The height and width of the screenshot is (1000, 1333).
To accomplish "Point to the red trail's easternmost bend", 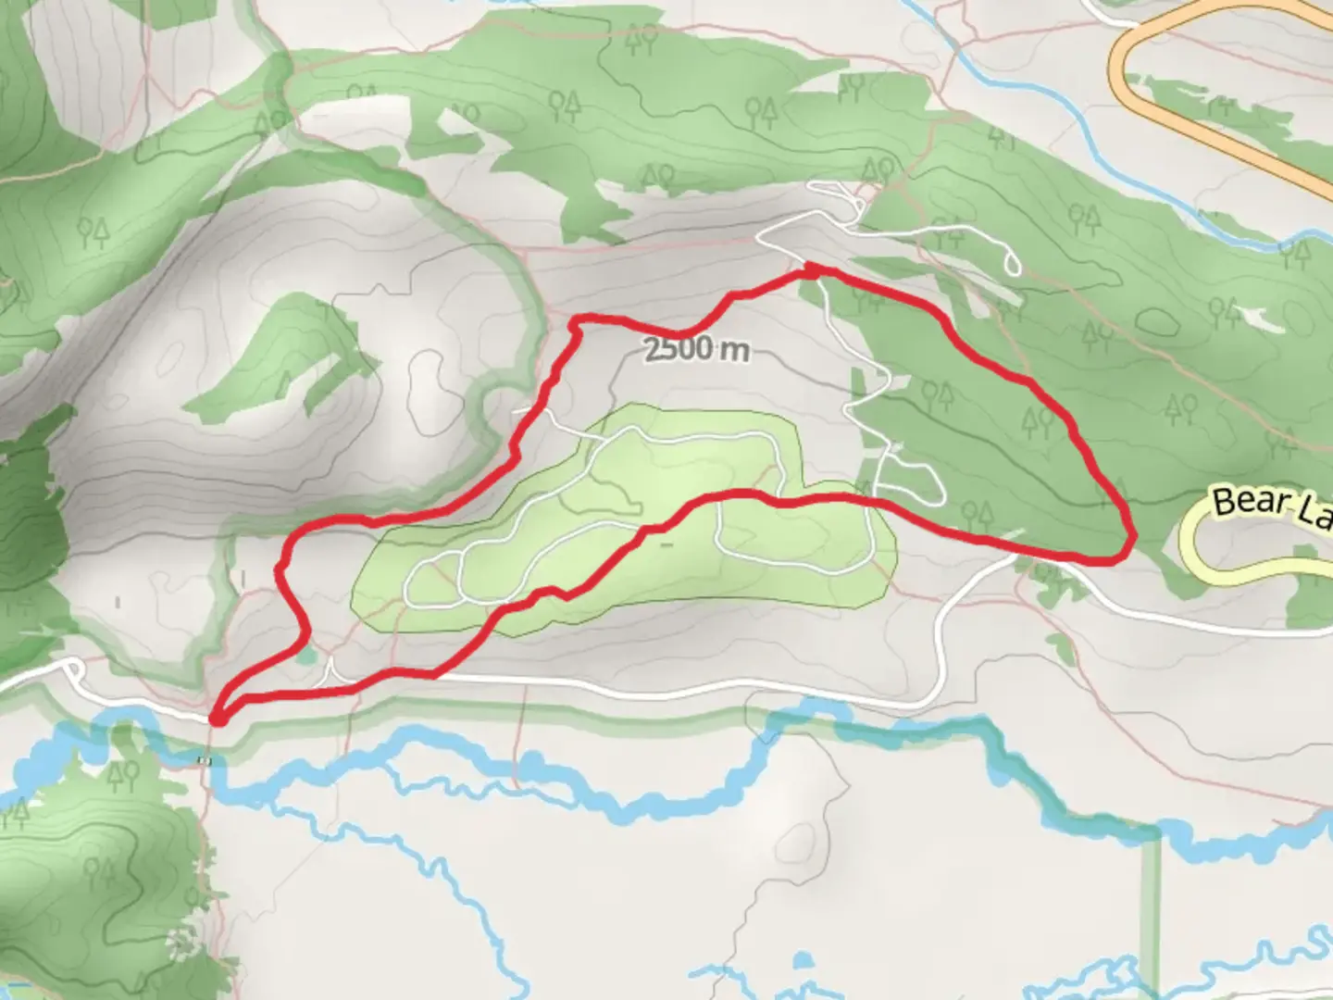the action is pyautogui.click(x=1130, y=537).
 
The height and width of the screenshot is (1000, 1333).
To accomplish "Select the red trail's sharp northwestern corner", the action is pyautogui.click(x=576, y=320).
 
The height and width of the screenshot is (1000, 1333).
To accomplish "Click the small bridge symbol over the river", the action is pyautogui.click(x=205, y=761).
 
